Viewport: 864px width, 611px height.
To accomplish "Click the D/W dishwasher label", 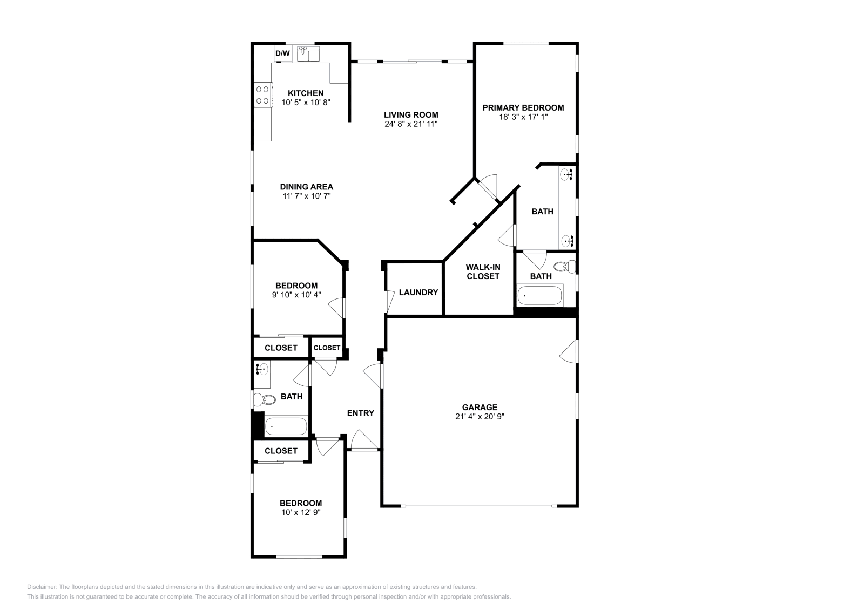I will point(282,53).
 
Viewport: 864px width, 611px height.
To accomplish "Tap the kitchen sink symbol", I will point(308,54).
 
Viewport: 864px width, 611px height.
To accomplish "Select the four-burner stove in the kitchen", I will point(263,95).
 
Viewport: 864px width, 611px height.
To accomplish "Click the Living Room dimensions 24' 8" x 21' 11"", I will point(411,124).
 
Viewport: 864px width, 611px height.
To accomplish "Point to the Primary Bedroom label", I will point(523,107).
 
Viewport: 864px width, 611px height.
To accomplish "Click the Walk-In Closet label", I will point(483,271).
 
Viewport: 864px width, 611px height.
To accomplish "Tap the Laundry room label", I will point(418,293).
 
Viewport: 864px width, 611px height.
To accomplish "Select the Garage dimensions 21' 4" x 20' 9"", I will point(480,416).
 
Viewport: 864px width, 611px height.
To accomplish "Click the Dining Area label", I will point(306,187).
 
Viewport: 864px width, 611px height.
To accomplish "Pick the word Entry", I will point(360,413).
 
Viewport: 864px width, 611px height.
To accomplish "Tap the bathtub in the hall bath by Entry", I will point(286,426).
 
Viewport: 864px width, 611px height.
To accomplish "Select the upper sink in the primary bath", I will point(566,175).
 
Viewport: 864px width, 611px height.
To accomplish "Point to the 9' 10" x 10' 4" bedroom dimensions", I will point(296,295).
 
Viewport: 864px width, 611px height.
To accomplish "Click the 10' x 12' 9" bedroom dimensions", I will point(301,512).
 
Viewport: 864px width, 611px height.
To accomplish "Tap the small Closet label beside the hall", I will point(327,348).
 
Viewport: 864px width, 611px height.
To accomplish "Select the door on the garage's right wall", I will point(569,351).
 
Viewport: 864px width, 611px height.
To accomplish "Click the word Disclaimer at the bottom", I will point(41,587).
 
